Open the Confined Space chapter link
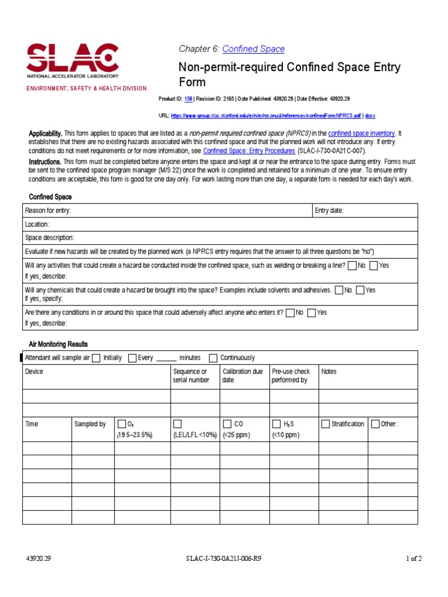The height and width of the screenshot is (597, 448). point(253,49)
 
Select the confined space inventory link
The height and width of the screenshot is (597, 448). point(362,134)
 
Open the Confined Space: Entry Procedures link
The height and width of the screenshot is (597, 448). point(244,150)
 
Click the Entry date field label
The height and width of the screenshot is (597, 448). point(329,210)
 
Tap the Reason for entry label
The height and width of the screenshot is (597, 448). point(48,210)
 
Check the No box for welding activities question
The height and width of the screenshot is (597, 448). point(352,265)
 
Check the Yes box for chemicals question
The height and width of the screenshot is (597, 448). point(360,290)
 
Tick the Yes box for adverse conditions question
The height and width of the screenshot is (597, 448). point(311,312)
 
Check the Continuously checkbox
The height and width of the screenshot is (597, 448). point(213,358)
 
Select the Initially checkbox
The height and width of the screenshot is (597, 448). point(96,358)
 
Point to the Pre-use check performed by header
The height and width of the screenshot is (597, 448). point(290,375)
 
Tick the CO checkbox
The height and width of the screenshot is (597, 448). point(227,424)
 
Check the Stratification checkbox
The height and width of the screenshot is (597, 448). point(325,424)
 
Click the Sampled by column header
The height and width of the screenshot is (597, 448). point(90,424)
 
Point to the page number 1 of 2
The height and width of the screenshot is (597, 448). point(414,559)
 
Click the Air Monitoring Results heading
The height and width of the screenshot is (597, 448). point(58,344)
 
